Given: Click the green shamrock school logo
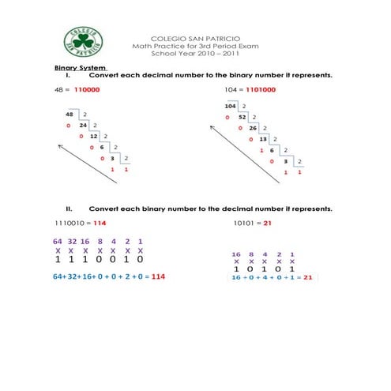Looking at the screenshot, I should coord(83,40).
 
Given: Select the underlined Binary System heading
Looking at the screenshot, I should coord(79,68).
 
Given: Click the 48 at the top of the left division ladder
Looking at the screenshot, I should coord(70,114).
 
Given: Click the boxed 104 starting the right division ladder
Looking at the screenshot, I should coord(231,106).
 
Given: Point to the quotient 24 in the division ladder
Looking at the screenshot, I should coord(82,125).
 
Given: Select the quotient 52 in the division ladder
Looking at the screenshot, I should coord(242,116).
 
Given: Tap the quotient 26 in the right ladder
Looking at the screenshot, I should coord(253,127).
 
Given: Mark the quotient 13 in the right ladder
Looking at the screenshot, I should coord(263,138).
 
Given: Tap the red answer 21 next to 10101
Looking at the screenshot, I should coord(267,223).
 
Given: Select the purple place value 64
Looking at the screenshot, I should coord(58,240).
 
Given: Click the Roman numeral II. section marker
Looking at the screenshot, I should coord(70,209).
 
